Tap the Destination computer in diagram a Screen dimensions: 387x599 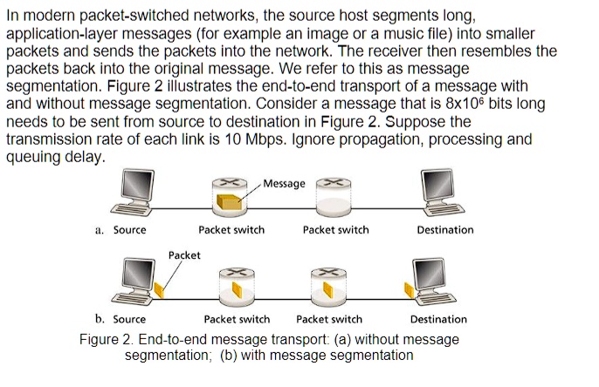[444, 193]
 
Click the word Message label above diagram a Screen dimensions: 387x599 [285, 184]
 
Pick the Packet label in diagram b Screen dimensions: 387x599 [184, 255]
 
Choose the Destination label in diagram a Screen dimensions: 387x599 [444, 230]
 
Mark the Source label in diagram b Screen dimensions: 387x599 [129, 319]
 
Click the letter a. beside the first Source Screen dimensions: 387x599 [100, 230]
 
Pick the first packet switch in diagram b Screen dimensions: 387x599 [237, 283]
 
